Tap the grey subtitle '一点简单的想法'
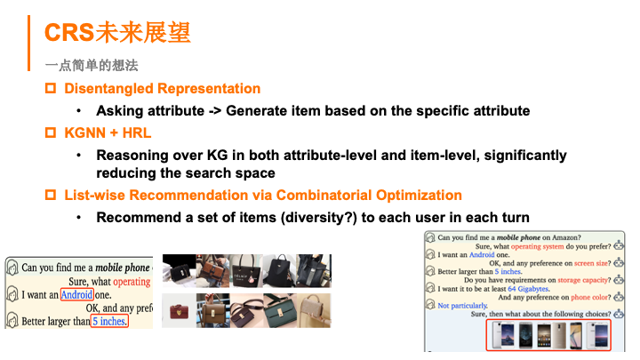pos(92,66)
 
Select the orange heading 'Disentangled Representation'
pos(163,89)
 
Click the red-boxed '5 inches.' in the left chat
pos(109,321)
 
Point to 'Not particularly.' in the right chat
pos(463,305)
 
